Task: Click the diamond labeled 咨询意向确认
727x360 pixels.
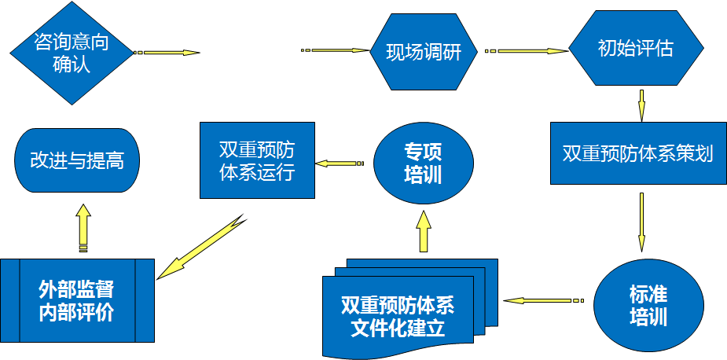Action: pyautogui.click(x=72, y=53)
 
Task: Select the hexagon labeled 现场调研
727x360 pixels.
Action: pyautogui.click(x=422, y=53)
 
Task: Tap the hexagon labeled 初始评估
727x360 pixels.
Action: pyautogui.click(x=635, y=48)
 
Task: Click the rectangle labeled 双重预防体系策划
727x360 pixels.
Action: pyautogui.click(x=637, y=153)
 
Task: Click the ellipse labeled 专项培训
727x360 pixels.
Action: pyautogui.click(x=423, y=163)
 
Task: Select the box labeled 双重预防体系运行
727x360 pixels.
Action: pyautogui.click(x=257, y=160)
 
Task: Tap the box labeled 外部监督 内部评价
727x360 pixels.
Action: pyautogui.click(x=77, y=300)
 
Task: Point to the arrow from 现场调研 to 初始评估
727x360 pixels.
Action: pyautogui.click(x=526, y=52)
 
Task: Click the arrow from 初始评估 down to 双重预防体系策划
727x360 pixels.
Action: pyautogui.click(x=641, y=105)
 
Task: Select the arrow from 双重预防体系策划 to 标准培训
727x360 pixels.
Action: pyautogui.click(x=641, y=221)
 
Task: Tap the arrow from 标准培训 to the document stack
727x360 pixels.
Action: pyautogui.click(x=543, y=299)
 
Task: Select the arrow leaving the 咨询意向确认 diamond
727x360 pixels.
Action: pyautogui.click(x=167, y=53)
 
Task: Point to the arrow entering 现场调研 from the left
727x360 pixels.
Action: pyautogui.click(x=336, y=50)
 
